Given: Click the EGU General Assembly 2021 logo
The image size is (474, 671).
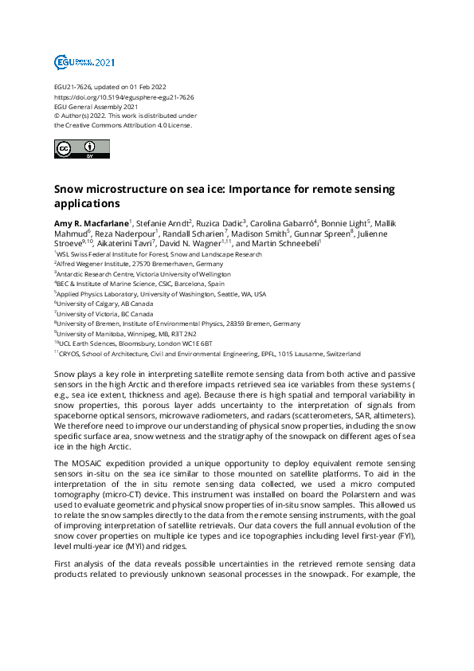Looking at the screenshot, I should coord(84,62).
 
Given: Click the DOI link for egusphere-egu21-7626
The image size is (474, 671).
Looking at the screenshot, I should coord(123,96).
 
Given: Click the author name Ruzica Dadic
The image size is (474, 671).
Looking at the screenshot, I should coord(221,222).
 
